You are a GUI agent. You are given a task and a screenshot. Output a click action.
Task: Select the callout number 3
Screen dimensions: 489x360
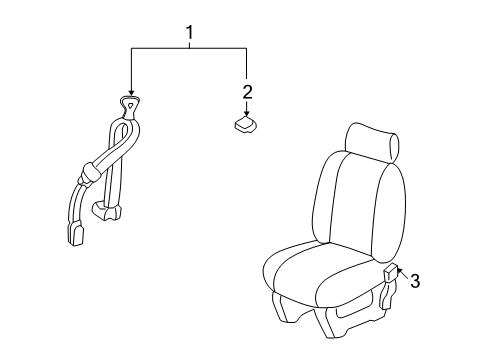[415, 281]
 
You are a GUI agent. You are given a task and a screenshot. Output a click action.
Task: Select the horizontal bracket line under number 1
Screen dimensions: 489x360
[188, 48]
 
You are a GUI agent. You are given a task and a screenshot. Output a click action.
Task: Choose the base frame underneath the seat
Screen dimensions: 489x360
[330, 328]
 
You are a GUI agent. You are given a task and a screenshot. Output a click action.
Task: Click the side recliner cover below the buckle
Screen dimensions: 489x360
[396, 299]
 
